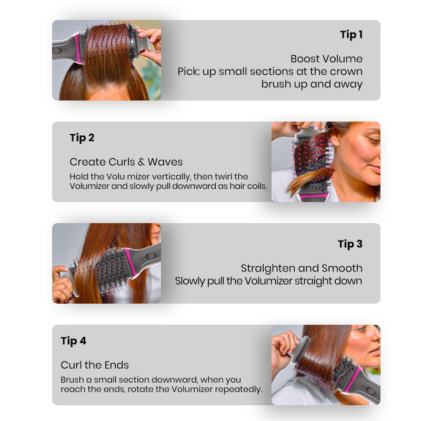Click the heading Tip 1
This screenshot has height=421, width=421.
point(351,35)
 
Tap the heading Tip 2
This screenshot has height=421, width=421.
point(82,138)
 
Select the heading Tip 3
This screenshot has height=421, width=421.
point(350,244)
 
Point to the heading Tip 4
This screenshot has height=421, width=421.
point(73,341)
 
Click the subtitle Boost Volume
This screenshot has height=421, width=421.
point(326,59)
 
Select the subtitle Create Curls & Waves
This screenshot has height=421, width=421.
point(126,162)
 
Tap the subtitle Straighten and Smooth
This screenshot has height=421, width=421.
point(302,268)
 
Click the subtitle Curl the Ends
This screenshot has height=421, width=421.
point(95,365)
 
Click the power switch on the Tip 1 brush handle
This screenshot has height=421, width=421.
point(57,50)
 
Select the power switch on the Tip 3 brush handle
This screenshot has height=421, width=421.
point(151,256)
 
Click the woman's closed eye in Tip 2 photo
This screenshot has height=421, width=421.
point(374,140)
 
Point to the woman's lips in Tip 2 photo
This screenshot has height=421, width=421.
point(376,168)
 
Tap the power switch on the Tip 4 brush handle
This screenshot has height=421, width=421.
point(370,390)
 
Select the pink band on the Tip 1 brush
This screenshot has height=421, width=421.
point(78,48)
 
